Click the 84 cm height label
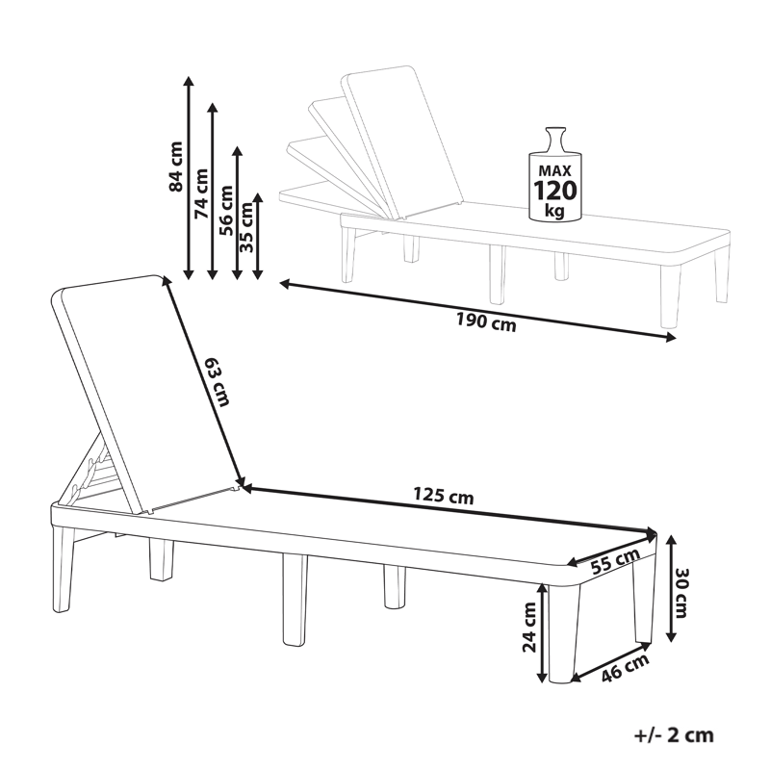175,166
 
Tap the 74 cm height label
201,193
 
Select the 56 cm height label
226,210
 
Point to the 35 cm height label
246,227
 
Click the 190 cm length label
487,322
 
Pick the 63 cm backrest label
218,382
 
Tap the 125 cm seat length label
444,496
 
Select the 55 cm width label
615,561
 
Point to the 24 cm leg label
529,628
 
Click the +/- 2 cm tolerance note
674,735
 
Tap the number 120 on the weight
555,191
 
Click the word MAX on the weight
555,171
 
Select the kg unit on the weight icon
555,211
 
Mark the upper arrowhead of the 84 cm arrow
188,81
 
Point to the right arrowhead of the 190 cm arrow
670,337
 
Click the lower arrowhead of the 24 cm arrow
542,677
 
